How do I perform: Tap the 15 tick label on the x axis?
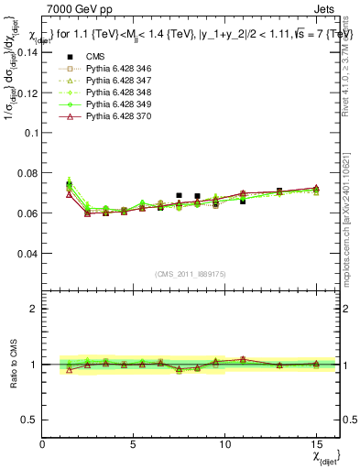point(316,444)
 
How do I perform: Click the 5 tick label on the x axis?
point(134,444)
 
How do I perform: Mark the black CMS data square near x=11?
point(243,200)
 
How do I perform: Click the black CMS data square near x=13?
point(279,191)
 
